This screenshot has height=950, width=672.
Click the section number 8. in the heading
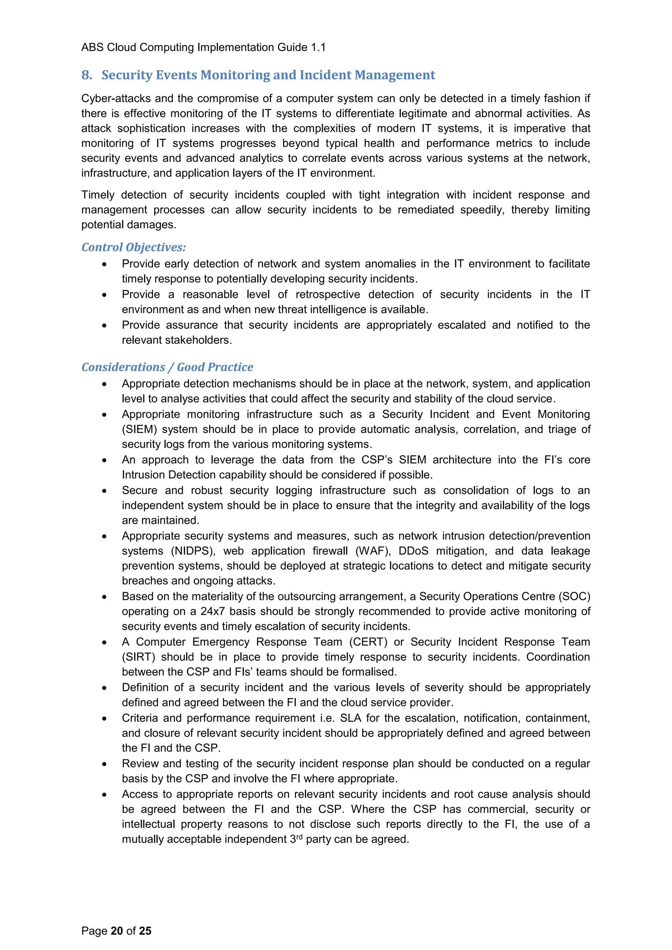pyautogui.click(x=87, y=75)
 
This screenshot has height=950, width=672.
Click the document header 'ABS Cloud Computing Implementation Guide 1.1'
pyautogui.click(x=203, y=48)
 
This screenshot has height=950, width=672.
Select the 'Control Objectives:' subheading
pyautogui.click(x=134, y=247)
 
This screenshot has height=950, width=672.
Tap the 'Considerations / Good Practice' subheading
pyautogui.click(x=167, y=367)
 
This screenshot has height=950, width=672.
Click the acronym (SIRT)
pyautogui.click(x=138, y=657)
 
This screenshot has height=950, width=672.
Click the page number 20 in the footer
pyautogui.click(x=117, y=931)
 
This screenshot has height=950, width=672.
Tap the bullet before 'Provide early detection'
pyautogui.click(x=104, y=264)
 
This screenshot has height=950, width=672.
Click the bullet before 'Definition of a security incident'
pyautogui.click(x=104, y=688)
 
